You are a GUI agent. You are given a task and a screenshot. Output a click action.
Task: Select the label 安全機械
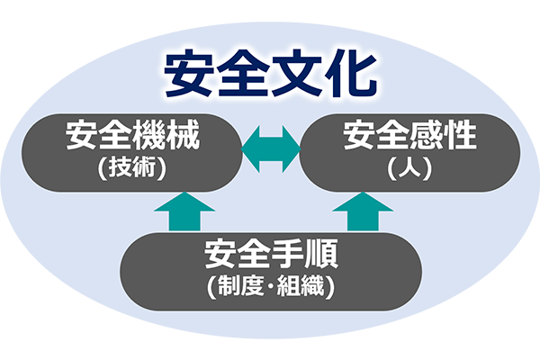132,139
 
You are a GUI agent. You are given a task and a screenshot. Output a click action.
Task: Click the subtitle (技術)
132,167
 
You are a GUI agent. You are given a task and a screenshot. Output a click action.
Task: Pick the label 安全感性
410,139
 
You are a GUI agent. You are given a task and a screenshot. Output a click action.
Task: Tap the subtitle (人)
410,167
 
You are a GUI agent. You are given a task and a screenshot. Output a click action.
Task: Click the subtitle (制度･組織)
270,287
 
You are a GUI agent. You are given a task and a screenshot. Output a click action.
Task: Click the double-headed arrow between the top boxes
271,149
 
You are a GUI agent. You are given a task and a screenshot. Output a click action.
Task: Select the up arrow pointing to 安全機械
184,212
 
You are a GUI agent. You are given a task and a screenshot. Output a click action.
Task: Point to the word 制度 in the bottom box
239,287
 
